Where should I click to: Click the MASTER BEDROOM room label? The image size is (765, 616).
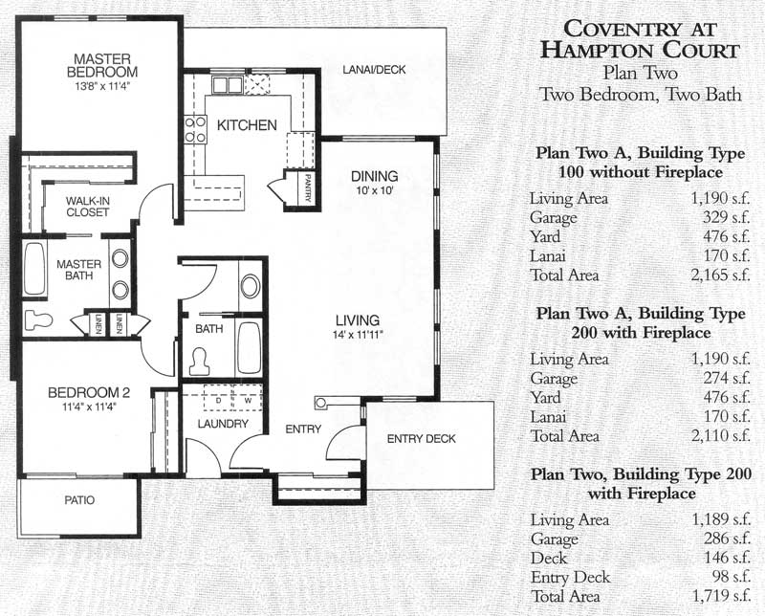(x=102, y=65)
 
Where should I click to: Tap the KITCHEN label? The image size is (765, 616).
(x=247, y=125)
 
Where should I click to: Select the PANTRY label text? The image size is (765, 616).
(x=308, y=187)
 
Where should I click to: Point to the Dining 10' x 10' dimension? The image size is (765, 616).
(x=375, y=190)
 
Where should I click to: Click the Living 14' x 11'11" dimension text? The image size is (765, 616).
(x=358, y=335)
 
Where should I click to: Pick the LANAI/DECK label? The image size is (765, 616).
(x=374, y=70)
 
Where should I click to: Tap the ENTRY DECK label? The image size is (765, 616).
(x=421, y=439)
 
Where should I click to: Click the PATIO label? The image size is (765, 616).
(x=79, y=500)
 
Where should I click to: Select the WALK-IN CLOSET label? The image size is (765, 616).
(x=88, y=207)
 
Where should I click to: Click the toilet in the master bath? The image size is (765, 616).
(x=38, y=319)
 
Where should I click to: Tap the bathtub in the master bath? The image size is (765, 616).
(x=35, y=269)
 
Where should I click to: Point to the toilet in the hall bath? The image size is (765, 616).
(x=198, y=361)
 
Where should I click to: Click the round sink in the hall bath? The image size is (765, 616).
(x=251, y=286)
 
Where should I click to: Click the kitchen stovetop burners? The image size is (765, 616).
(x=195, y=129)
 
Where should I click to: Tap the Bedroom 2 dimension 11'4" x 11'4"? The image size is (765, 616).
(x=89, y=407)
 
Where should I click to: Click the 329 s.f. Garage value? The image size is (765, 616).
(x=726, y=217)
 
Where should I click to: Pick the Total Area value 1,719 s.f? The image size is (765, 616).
(x=720, y=596)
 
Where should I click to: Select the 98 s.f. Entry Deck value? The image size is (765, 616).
(x=731, y=577)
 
